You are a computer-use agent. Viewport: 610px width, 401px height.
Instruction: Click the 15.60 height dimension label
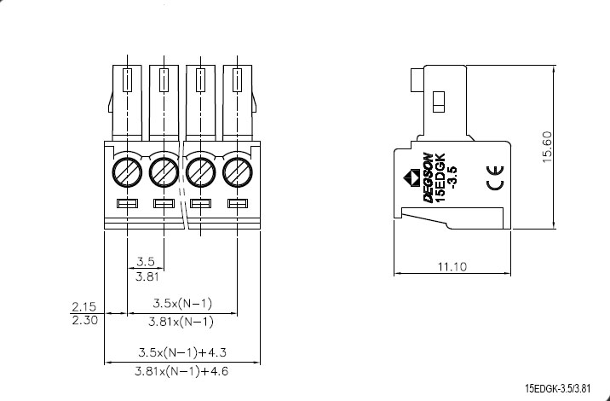(547, 146)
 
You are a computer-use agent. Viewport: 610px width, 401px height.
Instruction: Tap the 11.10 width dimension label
(452, 267)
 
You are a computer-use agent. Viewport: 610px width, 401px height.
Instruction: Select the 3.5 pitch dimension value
(145, 261)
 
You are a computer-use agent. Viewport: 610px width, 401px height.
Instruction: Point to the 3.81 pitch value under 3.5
(145, 276)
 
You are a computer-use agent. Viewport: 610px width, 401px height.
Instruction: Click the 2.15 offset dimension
(83, 305)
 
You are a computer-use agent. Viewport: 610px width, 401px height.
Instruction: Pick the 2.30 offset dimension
(83, 321)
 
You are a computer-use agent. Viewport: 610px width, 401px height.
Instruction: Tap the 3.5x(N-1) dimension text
(181, 304)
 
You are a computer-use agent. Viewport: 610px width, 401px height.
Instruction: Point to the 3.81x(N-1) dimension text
(181, 322)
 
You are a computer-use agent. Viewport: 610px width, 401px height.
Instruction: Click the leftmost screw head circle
(127, 172)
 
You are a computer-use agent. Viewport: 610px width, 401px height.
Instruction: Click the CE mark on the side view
(495, 182)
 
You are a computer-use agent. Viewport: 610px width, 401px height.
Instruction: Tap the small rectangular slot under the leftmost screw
(127, 204)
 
